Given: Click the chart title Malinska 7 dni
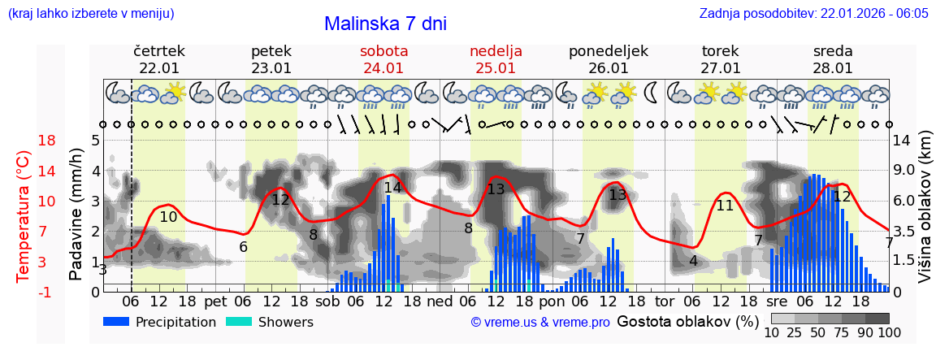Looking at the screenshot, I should click(385, 24).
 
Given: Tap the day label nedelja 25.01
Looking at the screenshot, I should click(496, 59).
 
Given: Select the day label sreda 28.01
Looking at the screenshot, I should click(833, 59).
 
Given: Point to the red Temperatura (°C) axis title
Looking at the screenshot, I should click(24, 215).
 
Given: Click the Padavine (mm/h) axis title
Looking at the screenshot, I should click(76, 215).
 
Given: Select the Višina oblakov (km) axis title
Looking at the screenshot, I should click(925, 215).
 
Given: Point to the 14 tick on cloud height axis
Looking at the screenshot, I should click(901, 141).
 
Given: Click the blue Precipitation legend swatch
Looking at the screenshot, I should click(116, 322).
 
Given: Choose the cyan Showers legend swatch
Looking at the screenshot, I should click(239, 322).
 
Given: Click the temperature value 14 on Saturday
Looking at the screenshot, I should click(392, 188).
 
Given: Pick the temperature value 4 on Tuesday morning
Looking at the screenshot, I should click(693, 261).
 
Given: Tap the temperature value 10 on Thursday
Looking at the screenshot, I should click(168, 217).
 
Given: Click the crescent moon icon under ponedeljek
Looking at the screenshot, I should click(652, 93).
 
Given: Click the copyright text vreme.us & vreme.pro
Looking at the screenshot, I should click(540, 322).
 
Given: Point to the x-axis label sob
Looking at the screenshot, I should click(328, 301).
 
